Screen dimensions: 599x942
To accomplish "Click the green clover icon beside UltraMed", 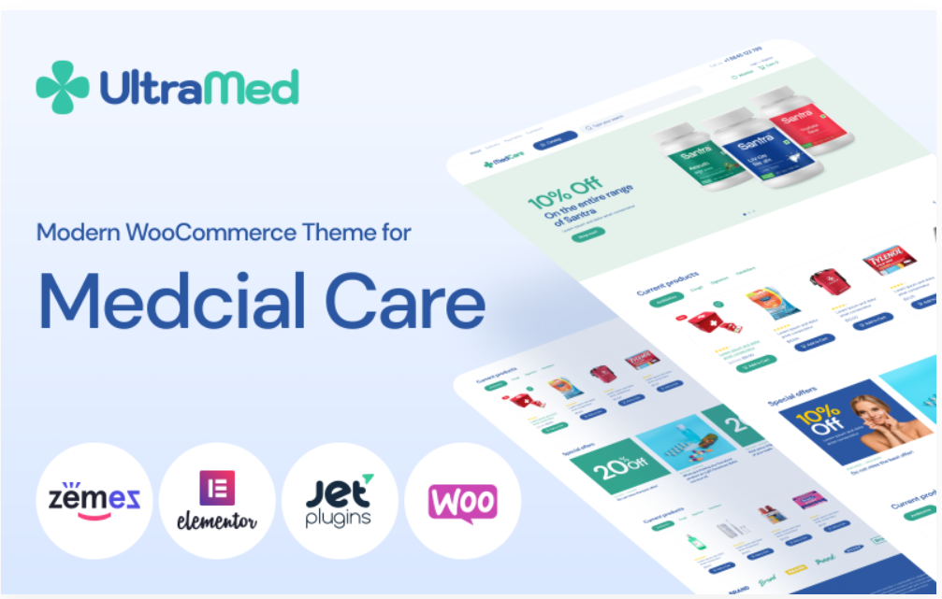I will pos(62,87).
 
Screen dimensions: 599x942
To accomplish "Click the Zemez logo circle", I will pos(94,500).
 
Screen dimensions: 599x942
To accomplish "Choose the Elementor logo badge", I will pos(217,501).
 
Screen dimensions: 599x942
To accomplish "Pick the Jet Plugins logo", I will pos(339,500).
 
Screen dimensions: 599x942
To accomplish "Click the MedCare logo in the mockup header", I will pos(502,163).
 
